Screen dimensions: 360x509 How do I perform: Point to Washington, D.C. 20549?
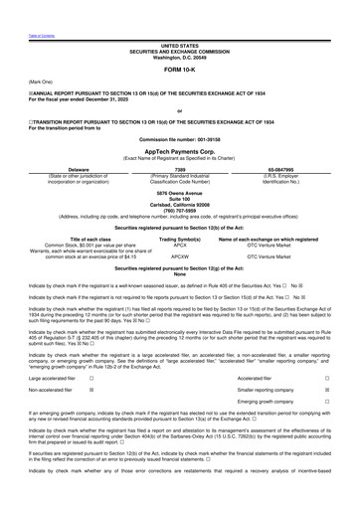coord(179,56)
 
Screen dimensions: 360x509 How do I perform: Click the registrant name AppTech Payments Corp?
coord(179,157)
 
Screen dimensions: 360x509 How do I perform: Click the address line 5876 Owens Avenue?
coord(179,193)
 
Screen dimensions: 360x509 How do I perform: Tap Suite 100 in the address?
coord(179,199)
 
